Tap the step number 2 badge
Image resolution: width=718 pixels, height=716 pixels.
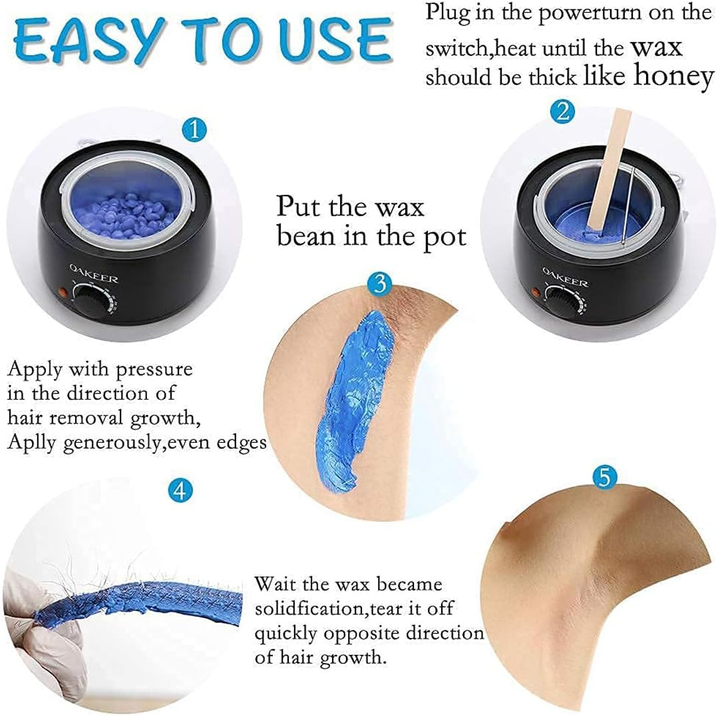tap(562, 110)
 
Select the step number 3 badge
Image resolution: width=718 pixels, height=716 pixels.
tap(379, 284)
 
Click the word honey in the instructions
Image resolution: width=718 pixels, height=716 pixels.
tap(673, 76)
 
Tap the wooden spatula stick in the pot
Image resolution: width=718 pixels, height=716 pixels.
tap(602, 173)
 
